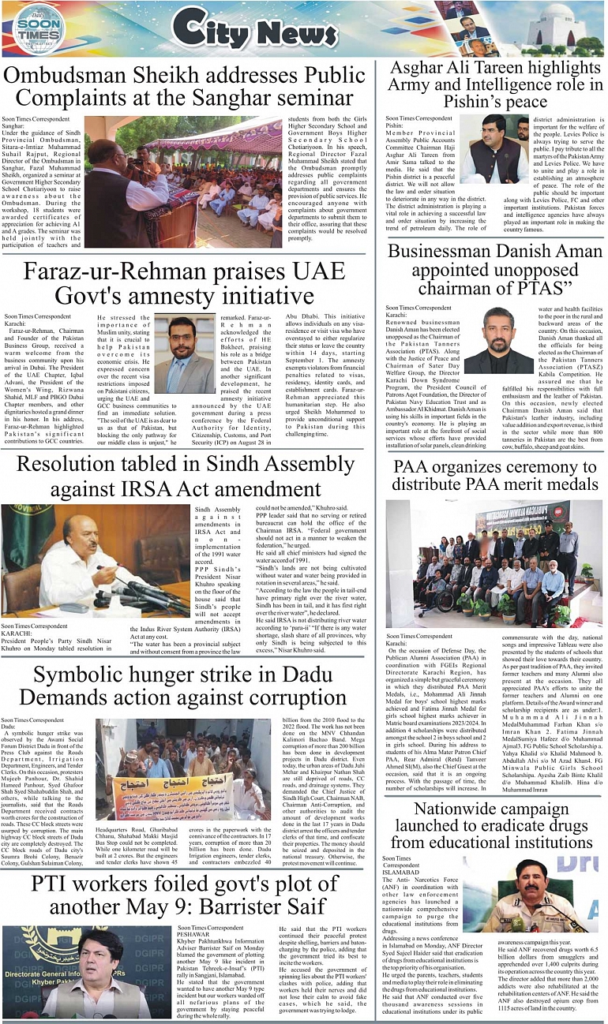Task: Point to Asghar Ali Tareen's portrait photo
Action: (494, 149)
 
